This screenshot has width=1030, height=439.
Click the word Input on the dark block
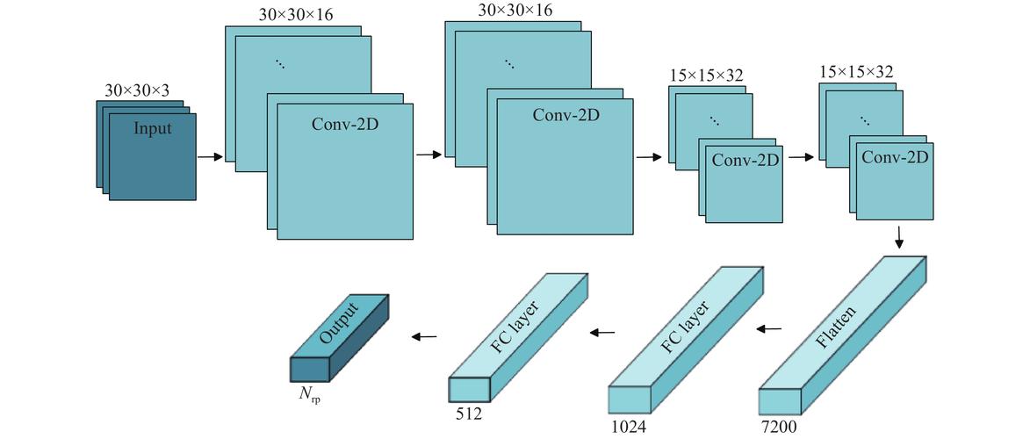coord(153,129)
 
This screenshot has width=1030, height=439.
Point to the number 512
coord(468,411)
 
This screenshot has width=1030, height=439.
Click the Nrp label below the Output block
coord(310,393)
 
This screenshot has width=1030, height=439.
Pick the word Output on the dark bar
coord(339,323)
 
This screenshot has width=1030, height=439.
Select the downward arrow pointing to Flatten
coord(899,236)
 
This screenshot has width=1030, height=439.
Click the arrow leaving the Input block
coord(210,157)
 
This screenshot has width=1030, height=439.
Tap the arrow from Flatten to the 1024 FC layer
coord(769,329)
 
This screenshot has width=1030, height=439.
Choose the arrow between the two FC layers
coord(602,332)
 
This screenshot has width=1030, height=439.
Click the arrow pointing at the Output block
coord(425,335)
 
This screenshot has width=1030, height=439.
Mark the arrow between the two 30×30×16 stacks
coord(429,155)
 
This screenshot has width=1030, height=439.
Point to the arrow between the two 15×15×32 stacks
coord(801,158)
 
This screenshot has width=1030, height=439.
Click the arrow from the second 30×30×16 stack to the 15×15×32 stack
coord(649,158)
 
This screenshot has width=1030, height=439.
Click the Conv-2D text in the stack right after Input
coord(344,123)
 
